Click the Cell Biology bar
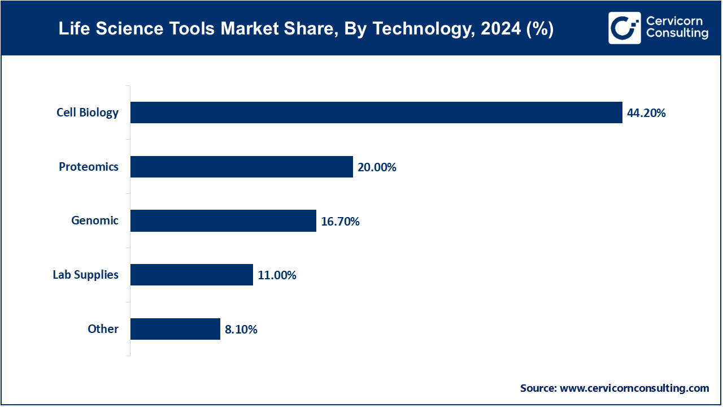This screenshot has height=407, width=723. [x=376, y=112]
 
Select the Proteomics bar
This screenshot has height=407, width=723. [x=242, y=167]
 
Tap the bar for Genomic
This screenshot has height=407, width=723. [x=223, y=220]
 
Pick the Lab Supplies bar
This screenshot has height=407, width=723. [x=191, y=275]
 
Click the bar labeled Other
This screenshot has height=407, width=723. [x=175, y=329]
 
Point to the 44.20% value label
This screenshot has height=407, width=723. [x=646, y=113]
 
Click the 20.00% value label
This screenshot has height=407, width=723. [x=377, y=167]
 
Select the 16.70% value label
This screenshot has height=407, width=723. [x=340, y=222]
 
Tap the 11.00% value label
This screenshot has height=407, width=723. [x=277, y=275]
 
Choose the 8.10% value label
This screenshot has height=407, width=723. [x=241, y=330]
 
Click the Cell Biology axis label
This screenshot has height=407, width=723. [x=88, y=112]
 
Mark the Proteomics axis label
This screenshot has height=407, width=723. [x=89, y=167]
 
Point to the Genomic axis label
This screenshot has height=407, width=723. [x=95, y=220]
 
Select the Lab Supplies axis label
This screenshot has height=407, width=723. [x=86, y=275]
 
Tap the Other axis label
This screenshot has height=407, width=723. [x=103, y=329]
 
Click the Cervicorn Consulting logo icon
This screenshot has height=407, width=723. [x=624, y=28]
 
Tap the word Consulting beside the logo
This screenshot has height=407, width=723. [x=677, y=34]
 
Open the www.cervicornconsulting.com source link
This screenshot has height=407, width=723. [x=634, y=388]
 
